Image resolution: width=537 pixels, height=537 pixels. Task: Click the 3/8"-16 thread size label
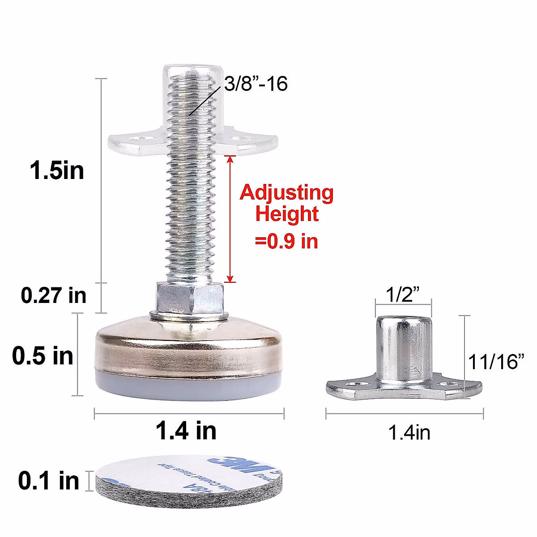[256, 84]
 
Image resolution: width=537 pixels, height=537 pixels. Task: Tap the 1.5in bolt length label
[57, 170]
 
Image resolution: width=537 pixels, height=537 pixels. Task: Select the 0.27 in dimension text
[54, 295]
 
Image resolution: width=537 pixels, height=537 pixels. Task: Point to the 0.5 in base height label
[43, 356]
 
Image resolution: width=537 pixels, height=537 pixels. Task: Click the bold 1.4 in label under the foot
[186, 430]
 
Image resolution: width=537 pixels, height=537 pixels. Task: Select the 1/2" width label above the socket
[403, 295]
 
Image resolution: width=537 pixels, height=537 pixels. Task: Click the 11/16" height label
[496, 362]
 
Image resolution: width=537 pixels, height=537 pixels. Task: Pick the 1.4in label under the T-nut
[409, 433]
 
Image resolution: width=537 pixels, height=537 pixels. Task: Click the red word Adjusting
[286, 193]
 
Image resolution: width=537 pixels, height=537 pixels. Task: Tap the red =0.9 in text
[286, 241]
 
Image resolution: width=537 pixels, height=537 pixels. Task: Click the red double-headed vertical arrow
[230, 219]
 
